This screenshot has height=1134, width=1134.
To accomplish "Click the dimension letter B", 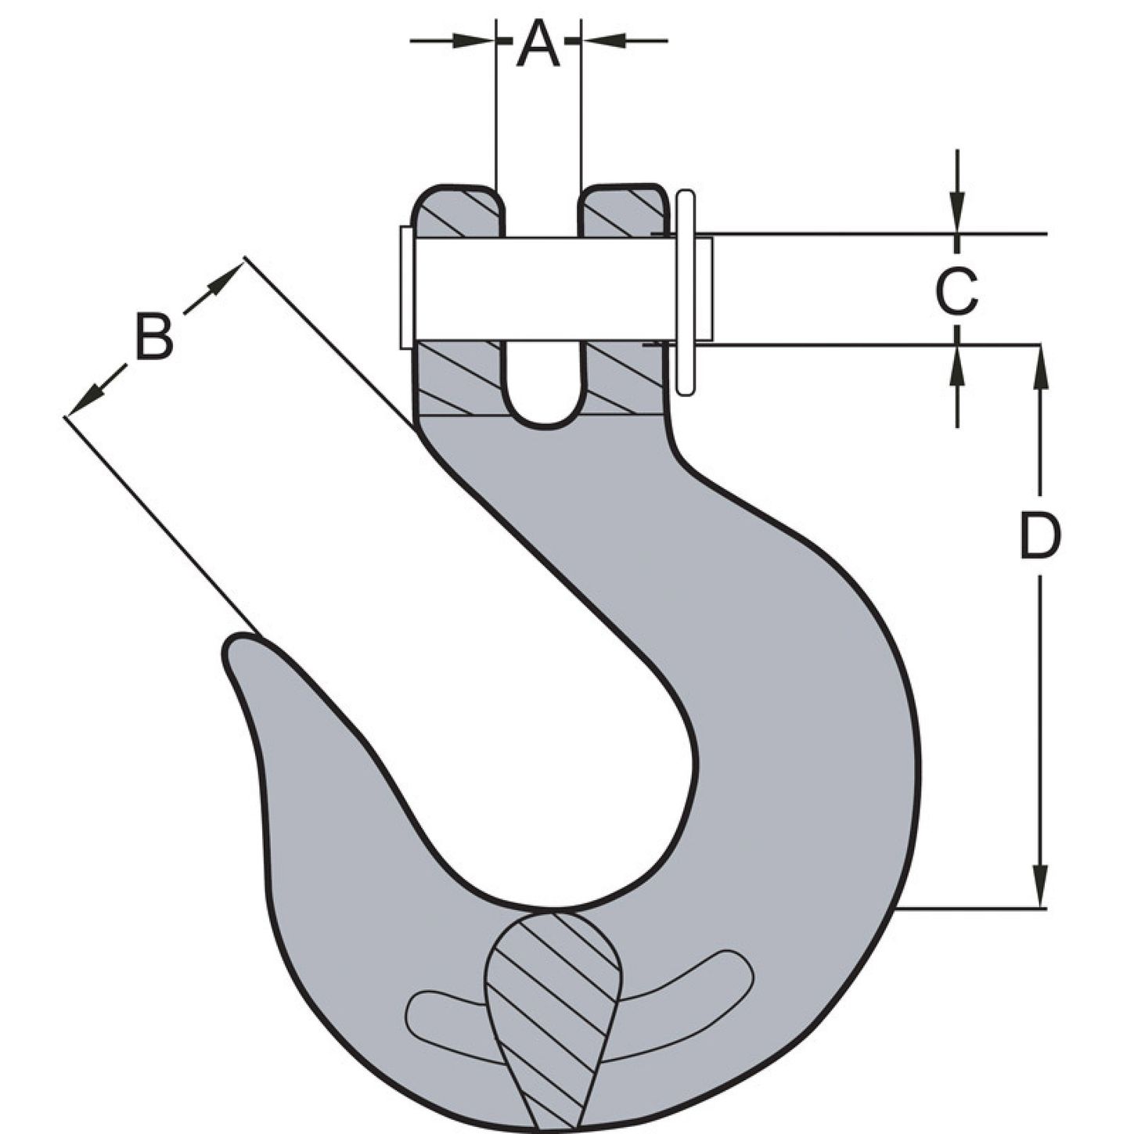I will tap(154, 337).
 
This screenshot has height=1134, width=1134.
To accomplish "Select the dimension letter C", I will tap(956, 290).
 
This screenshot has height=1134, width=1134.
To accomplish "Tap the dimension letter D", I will tap(1040, 536).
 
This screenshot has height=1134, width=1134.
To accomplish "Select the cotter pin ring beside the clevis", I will tap(685, 293).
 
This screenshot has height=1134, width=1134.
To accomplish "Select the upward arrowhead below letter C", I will tap(957, 362).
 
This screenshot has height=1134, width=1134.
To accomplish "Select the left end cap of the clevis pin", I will tap(406, 288).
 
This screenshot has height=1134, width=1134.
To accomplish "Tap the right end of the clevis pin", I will tap(704, 289).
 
